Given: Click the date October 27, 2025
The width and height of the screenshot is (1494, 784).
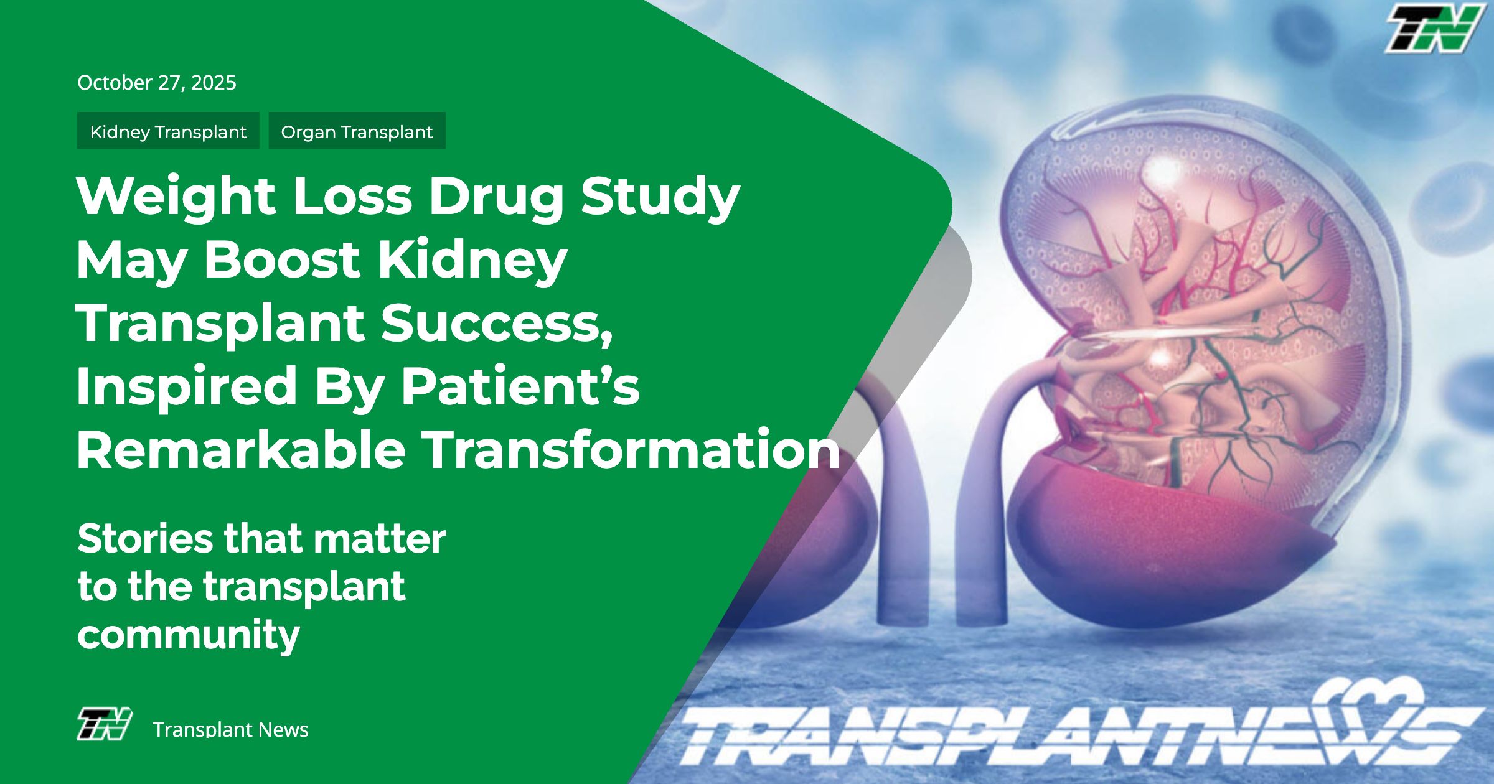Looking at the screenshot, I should [x=157, y=83].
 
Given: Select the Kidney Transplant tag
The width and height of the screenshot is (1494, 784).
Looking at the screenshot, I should [x=168, y=131].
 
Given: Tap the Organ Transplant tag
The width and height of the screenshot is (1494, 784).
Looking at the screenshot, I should [x=357, y=131].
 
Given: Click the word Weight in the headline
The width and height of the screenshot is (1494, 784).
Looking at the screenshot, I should [x=176, y=196].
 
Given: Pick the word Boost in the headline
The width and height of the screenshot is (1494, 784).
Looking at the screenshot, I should [x=282, y=259].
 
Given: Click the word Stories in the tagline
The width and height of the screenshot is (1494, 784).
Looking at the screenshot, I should [x=144, y=538].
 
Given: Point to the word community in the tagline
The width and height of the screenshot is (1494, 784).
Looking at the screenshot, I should [x=189, y=635].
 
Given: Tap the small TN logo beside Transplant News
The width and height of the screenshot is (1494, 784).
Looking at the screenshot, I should [x=104, y=725].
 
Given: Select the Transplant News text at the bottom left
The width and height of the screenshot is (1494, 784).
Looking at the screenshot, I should [x=230, y=729].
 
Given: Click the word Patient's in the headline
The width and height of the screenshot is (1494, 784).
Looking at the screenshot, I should [x=520, y=386].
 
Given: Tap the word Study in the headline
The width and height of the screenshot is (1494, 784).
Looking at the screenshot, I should [x=660, y=196].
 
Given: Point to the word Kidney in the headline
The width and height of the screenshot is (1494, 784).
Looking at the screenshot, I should [x=473, y=259].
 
